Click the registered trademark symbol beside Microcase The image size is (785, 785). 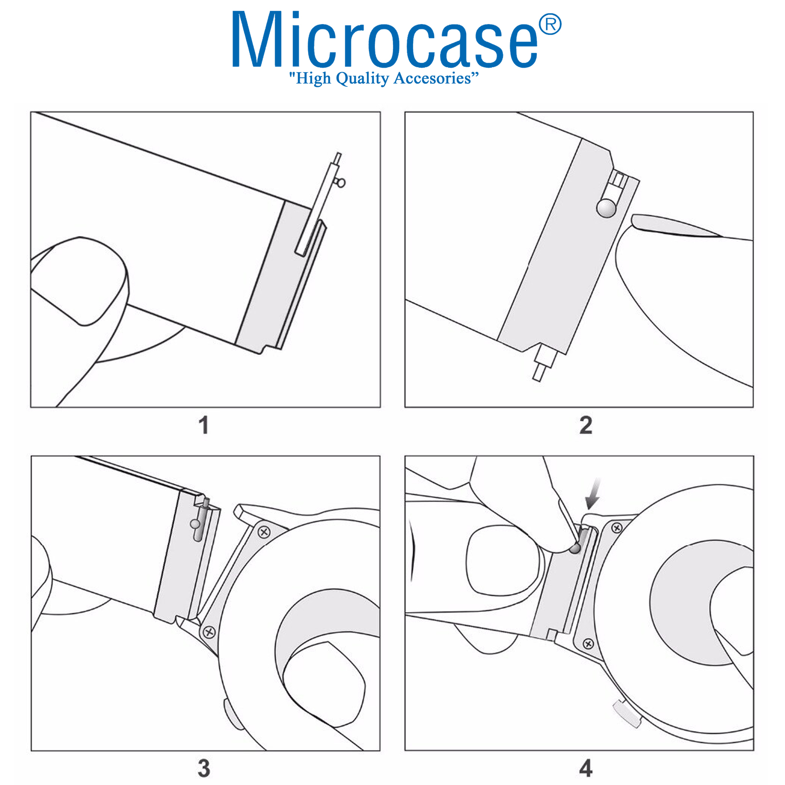coord(550,25)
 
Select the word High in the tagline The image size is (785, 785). coord(314,78)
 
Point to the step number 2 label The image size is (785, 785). coord(586,425)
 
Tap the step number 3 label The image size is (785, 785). coord(204,768)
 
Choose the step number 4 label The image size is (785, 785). coord(586,768)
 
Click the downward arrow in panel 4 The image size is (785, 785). coord(594,495)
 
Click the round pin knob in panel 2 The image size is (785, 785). coord(606,208)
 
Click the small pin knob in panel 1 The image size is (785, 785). coord(340,183)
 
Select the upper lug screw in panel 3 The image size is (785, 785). coord(264,532)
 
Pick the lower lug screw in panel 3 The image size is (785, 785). coord(209,632)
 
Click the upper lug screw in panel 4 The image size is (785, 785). coord(617,528)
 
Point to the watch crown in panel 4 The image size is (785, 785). coord(628,714)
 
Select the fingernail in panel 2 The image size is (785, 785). coord(675,225)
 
